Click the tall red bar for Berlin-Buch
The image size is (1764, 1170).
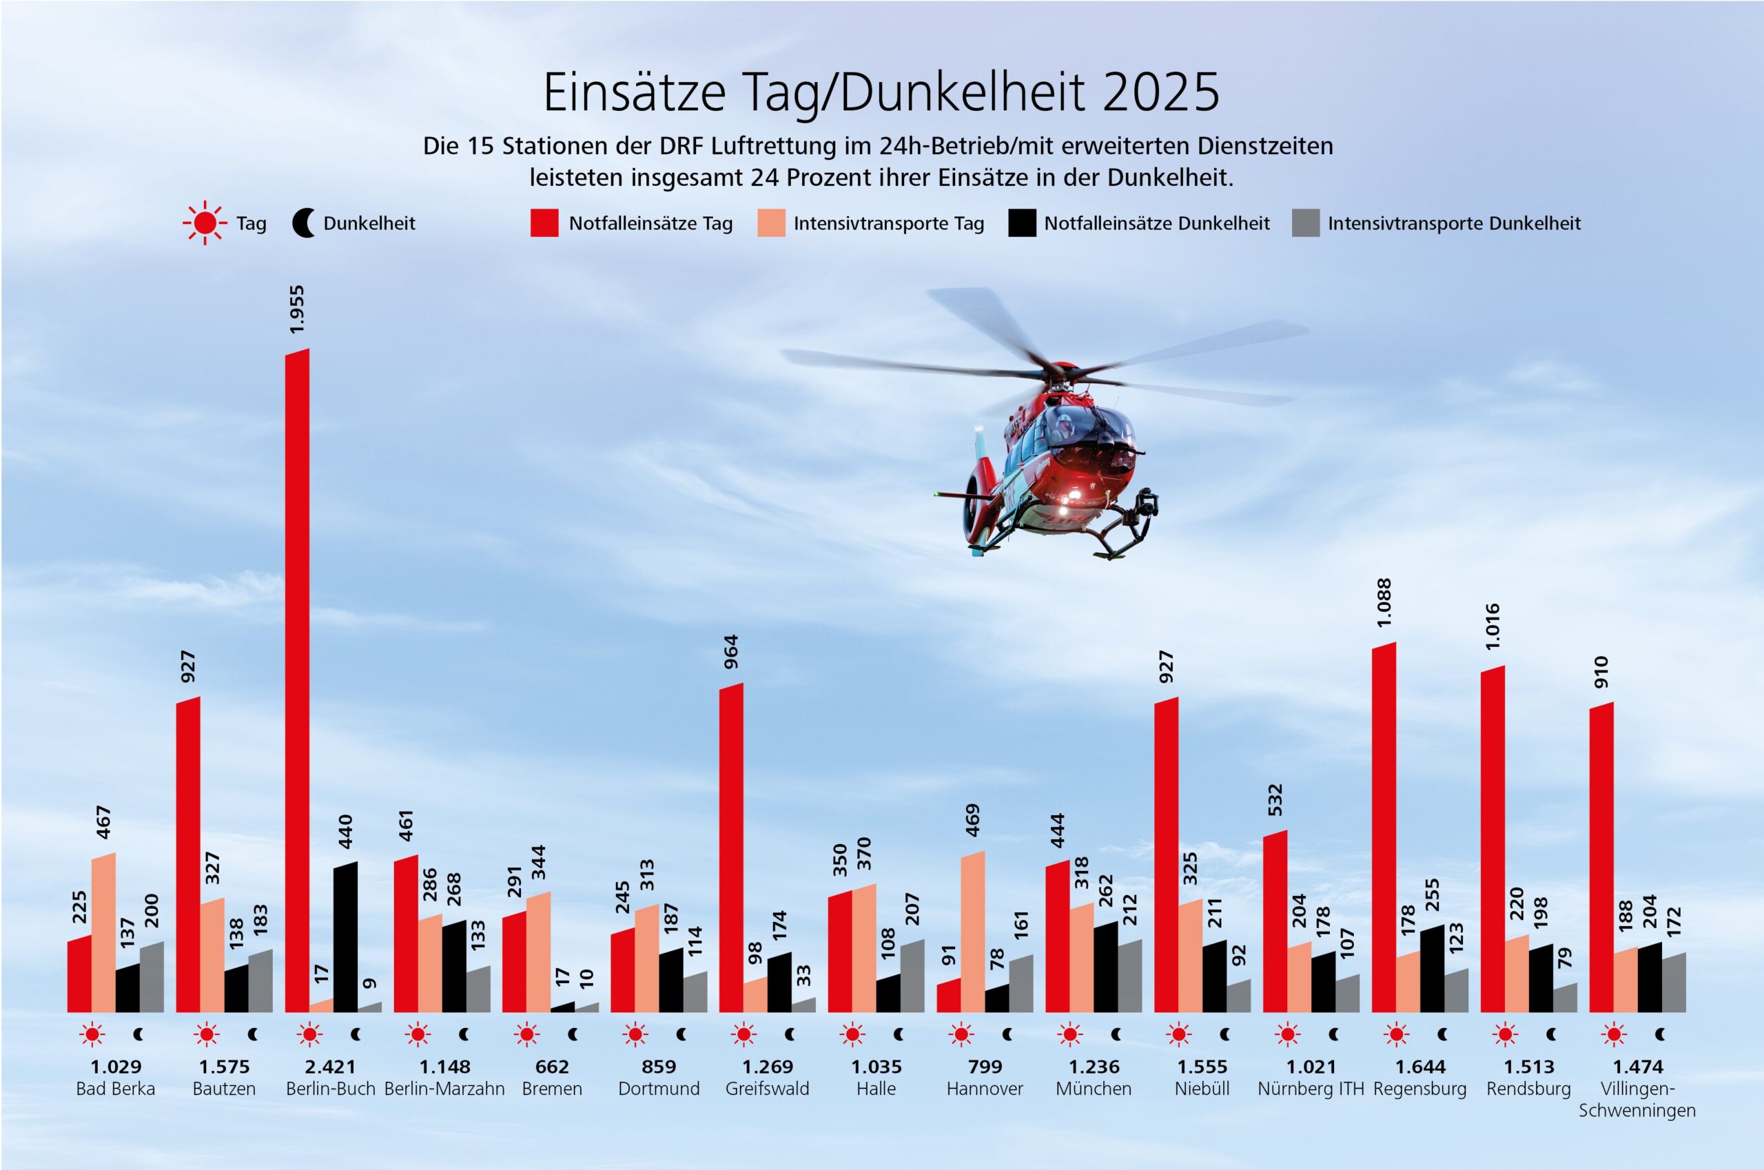tap(297, 679)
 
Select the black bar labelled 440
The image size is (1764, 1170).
tap(345, 937)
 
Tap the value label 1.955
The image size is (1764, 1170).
tap(297, 309)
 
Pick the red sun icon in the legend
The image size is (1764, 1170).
tap(205, 223)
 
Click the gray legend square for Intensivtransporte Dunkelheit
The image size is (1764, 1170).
tap(1305, 223)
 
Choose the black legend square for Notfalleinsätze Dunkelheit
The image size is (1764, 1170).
tap(1022, 223)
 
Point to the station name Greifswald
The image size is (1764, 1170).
tap(766, 1089)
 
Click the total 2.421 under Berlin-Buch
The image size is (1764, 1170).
tap(330, 1067)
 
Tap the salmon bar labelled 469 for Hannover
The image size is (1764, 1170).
tap(972, 932)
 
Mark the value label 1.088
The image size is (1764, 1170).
tap(1384, 602)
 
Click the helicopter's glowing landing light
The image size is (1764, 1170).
tap(1074, 494)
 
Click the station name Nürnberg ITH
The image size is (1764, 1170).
tap(1311, 1089)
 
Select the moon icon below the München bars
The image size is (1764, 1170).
tap(1116, 1035)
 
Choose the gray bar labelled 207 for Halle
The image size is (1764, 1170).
tap(912, 976)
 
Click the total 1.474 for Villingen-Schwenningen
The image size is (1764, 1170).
tap(1637, 1067)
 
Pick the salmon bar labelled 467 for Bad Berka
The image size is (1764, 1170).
tap(104, 933)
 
